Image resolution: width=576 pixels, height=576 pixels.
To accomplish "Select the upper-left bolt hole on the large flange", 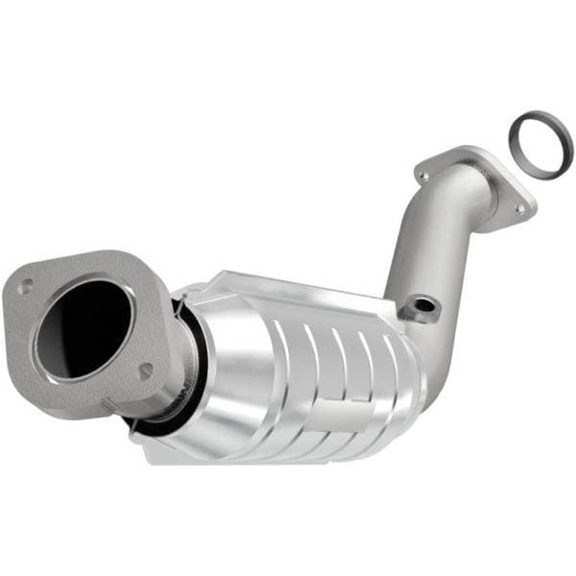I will pyautogui.click(x=25, y=284).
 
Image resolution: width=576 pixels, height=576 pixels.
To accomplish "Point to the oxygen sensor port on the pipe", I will pyautogui.click(x=420, y=306).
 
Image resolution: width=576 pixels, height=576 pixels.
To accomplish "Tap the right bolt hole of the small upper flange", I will pyautogui.click(x=519, y=206).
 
